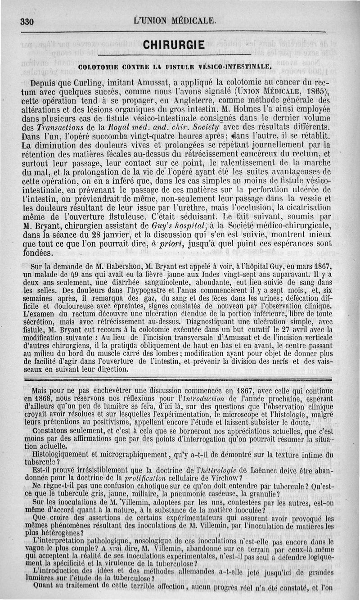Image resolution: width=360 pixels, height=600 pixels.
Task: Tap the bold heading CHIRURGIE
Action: point(174,45)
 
